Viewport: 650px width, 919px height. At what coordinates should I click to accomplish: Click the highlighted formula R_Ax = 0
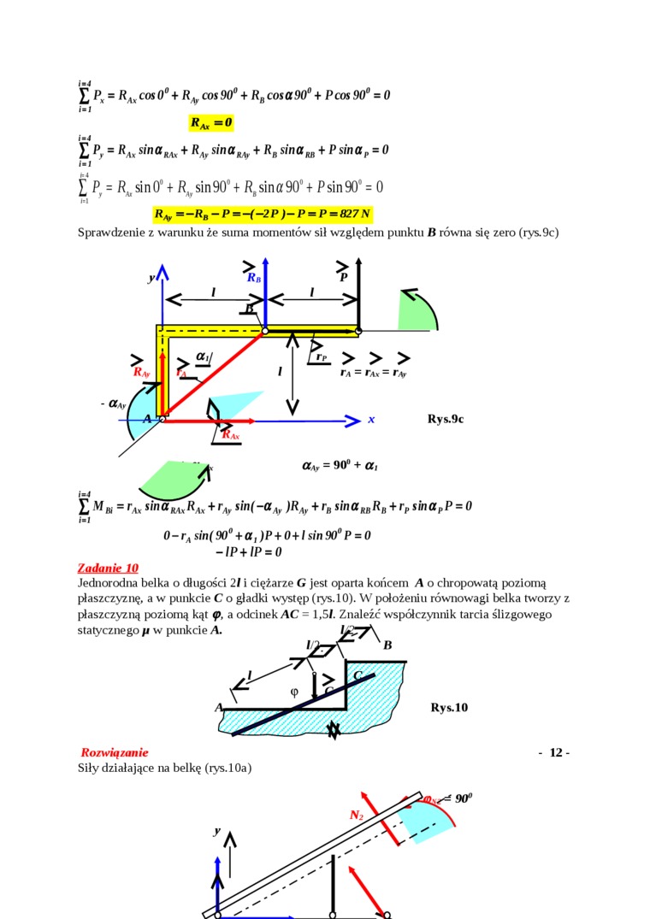pos(211,123)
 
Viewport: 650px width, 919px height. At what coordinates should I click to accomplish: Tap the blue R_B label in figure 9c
pos(254,278)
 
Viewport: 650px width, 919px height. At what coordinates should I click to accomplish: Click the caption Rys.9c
pos(446,419)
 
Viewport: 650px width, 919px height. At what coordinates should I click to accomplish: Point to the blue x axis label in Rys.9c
pos(371,420)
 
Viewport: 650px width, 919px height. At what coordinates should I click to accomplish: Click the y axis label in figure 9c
pos(151,278)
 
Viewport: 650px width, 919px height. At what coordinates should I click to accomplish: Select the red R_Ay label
pos(141,372)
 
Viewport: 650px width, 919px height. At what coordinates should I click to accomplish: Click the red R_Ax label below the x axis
pos(230,435)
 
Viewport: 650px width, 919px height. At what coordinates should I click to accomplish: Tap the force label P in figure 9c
pos(344,277)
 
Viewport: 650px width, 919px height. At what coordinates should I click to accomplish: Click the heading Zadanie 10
pos(108,568)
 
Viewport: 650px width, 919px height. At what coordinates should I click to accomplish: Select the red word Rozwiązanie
pos(115,752)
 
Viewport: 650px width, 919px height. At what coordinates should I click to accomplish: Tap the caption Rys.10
pos(449,708)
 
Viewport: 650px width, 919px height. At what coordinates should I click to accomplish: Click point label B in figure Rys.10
pos(387,645)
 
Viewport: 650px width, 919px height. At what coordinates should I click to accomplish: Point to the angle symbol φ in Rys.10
pos(294,692)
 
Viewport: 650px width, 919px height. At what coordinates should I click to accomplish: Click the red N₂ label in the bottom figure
pos(357,816)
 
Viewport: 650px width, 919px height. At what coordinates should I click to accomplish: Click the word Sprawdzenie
pos(109,232)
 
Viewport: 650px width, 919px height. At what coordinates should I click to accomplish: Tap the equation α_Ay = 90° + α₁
pos(340,466)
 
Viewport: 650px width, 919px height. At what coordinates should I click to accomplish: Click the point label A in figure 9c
pos(147,419)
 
